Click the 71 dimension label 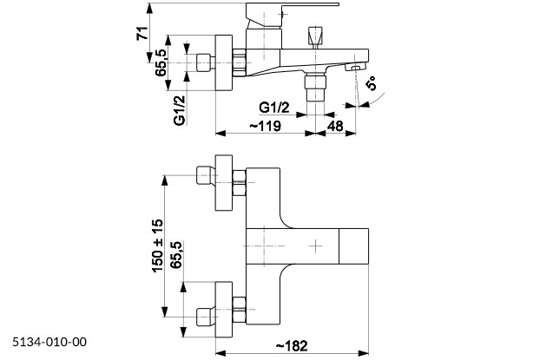pos(143,33)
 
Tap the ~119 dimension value pos(266,126)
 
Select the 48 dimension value pos(335,126)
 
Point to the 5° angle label pos(372,83)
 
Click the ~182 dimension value pos(292,346)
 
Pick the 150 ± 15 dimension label pos(157,245)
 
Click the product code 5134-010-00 pos(49,342)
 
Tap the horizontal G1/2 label pos(274,108)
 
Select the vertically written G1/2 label pos(180,110)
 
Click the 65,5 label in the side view pos(161,62)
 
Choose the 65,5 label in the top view pos(176,255)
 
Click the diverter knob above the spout pos(315,37)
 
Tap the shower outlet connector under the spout pos(315,87)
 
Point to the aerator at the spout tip pos(354,67)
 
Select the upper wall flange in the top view pos(224,183)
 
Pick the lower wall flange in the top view pos(224,310)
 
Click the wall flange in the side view pos(224,62)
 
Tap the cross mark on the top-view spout pos(316,245)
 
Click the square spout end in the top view pos(354,246)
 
